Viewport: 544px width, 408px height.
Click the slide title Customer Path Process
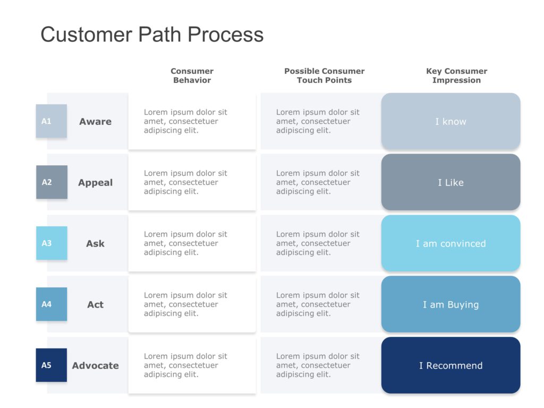[x=152, y=35]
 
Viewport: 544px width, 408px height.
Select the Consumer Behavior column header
[x=192, y=75]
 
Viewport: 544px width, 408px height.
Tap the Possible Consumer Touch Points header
[x=324, y=75]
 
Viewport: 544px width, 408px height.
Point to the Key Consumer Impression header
[x=456, y=75]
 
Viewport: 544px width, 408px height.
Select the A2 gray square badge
[x=52, y=182]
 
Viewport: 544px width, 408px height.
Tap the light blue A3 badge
[x=52, y=243]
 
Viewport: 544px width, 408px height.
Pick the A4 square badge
[x=52, y=304]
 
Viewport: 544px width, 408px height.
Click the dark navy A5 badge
[x=52, y=365]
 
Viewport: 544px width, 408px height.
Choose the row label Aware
[x=96, y=122]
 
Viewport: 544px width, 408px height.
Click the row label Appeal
[x=96, y=183]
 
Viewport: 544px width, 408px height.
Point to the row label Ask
[x=96, y=244]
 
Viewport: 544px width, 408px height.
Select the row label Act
[x=96, y=305]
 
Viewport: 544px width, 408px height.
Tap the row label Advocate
[x=96, y=365]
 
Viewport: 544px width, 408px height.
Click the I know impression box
[x=450, y=122]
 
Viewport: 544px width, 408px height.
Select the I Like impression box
[x=450, y=183]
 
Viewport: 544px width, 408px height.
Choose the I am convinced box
[x=450, y=244]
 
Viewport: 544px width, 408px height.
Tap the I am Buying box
[x=450, y=305]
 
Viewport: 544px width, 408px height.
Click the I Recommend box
[x=450, y=365]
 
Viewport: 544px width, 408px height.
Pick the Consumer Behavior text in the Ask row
[x=185, y=243]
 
